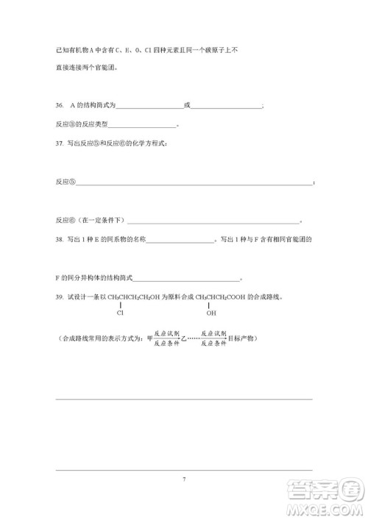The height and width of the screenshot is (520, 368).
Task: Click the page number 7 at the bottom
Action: pyautogui.click(x=184, y=480)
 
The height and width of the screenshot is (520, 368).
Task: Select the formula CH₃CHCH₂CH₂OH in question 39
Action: pyautogui.click(x=135, y=297)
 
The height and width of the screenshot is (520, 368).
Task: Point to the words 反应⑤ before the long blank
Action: pyautogui.click(x=66, y=181)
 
